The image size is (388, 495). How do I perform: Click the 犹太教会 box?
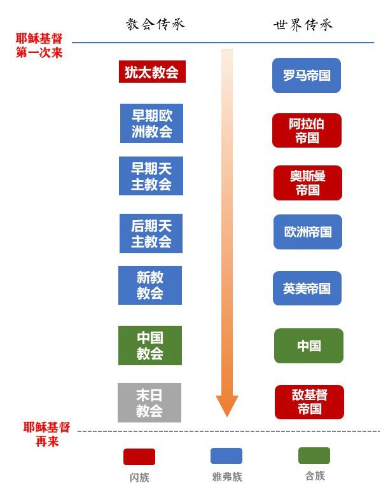tap(152, 72)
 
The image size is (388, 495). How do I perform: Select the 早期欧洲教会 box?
tap(152, 123)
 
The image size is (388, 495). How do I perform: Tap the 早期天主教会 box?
tap(151, 176)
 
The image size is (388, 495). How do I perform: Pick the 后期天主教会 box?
tap(151, 234)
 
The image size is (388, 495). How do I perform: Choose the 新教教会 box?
tap(150, 285)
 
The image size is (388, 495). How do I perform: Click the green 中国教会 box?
tap(150, 345)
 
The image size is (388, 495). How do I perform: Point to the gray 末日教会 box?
tap(149, 403)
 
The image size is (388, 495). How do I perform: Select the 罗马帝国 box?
tap(307, 76)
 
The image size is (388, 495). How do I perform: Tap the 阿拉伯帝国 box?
tap(307, 130)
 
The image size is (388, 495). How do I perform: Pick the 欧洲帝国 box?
tap(308, 232)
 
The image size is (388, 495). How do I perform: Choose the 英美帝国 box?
tap(307, 288)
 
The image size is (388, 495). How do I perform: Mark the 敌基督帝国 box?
tap(309, 402)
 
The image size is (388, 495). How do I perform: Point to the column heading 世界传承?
tap(303, 25)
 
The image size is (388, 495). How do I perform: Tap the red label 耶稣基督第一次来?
tap(39, 45)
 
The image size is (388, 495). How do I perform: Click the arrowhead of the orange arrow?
tap(226, 405)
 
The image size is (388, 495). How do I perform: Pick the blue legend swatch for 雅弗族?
tap(226, 456)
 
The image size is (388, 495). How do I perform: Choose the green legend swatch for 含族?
tap(314, 456)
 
